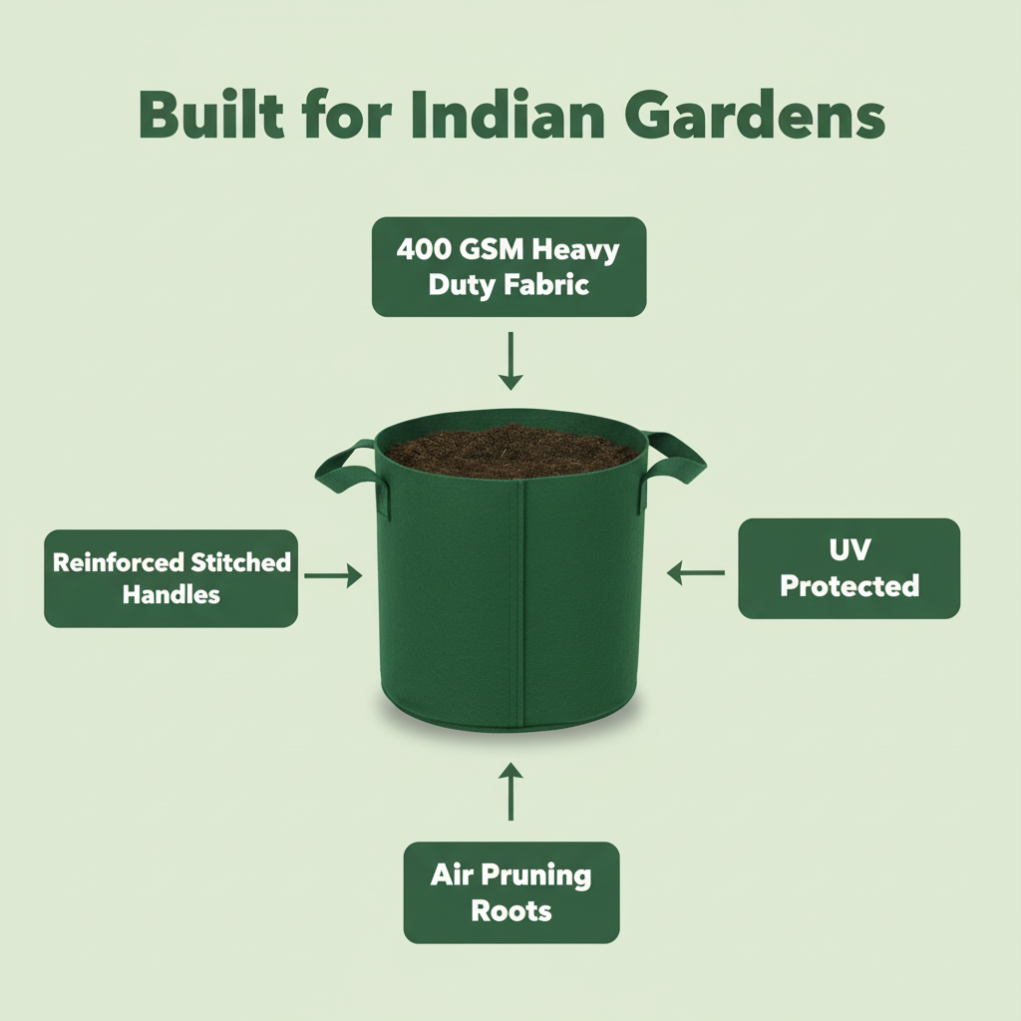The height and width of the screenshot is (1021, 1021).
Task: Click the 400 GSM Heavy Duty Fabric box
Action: coord(509,266)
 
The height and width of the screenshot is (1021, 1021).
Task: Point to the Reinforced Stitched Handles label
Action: coord(170,578)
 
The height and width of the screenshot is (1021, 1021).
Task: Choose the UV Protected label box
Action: coord(849,568)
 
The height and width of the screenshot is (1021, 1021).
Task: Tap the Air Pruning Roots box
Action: coord(510,892)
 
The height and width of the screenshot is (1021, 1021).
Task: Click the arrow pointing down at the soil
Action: coord(510,360)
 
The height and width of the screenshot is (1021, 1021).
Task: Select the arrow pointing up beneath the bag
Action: coord(510,792)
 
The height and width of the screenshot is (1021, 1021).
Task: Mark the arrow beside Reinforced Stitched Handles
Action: coord(332,574)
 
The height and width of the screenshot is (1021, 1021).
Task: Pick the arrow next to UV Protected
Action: coord(696,572)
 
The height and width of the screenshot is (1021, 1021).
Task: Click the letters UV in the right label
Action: coord(849,550)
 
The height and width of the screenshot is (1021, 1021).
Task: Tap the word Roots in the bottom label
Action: coord(510,910)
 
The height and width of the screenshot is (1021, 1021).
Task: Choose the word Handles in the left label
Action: coord(170,595)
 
